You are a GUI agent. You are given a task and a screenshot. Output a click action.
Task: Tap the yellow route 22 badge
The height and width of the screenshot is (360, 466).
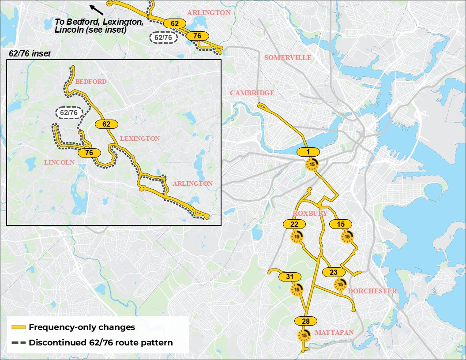(294, 225)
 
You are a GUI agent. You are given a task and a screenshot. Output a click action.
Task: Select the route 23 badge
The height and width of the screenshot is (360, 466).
(334, 272)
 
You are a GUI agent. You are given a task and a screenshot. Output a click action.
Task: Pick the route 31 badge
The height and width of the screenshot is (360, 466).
(290, 277)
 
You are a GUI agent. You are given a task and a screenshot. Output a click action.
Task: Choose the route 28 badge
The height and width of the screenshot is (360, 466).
(305, 321)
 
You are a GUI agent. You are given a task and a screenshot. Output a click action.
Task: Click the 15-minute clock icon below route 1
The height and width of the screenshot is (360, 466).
(312, 165)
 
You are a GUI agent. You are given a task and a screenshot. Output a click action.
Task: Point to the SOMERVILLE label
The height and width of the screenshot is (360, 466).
(287, 58)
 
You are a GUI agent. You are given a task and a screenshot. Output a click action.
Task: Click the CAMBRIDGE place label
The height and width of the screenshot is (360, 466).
(252, 93)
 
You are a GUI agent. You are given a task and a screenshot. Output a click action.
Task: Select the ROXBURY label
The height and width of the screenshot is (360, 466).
(310, 214)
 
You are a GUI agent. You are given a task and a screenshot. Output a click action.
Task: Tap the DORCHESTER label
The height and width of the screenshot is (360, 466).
(372, 291)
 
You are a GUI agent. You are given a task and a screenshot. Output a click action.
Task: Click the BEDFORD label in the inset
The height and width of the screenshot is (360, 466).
(90, 82)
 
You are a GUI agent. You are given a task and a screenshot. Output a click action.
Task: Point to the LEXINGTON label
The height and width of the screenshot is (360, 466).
(139, 139)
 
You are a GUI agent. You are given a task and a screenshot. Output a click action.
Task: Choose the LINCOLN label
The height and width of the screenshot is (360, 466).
(59, 162)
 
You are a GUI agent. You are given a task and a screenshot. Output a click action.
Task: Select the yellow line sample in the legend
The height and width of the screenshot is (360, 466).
(18, 328)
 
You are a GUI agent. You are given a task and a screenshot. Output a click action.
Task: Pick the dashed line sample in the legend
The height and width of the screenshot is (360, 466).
(18, 342)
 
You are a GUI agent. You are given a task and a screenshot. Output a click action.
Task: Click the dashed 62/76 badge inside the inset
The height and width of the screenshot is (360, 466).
(69, 113)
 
